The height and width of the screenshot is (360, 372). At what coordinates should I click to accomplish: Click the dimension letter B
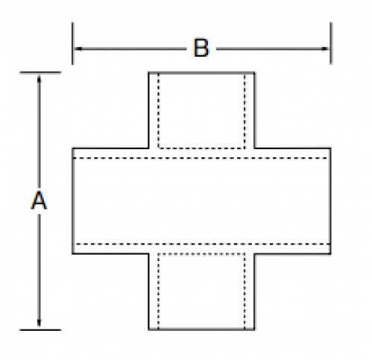(x=201, y=48)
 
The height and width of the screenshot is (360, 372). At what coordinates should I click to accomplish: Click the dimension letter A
(x=39, y=200)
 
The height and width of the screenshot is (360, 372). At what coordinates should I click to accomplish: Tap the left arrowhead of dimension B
(x=78, y=48)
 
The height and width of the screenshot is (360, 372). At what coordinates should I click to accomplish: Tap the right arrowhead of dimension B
(x=324, y=48)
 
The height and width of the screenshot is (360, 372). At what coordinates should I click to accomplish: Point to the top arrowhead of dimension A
(x=39, y=79)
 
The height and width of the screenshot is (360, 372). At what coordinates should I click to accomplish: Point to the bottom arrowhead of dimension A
(x=39, y=323)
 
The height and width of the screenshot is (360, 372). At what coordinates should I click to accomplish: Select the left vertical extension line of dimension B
(x=72, y=43)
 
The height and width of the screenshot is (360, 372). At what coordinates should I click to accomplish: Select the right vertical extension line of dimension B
(x=331, y=43)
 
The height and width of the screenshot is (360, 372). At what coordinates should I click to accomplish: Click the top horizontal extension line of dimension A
(x=40, y=72)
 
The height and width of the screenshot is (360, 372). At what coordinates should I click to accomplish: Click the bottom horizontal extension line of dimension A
(x=40, y=329)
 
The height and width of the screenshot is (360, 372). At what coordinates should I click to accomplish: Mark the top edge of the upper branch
(x=201, y=73)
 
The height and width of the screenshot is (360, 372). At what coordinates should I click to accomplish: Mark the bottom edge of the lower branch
(x=201, y=329)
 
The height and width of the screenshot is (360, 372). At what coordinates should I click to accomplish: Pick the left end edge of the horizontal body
(x=73, y=201)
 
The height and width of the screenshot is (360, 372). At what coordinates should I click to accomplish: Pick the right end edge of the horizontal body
(x=330, y=201)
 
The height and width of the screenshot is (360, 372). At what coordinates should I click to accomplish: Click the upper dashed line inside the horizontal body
(x=200, y=158)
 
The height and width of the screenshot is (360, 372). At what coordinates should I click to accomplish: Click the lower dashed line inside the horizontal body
(x=203, y=244)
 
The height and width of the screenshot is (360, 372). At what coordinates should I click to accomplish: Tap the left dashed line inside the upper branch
(x=159, y=110)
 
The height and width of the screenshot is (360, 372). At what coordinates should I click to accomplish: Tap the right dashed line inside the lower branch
(x=245, y=291)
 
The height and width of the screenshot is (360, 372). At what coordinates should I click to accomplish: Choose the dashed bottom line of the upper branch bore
(x=201, y=148)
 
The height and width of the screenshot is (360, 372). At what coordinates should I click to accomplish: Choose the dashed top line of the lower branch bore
(x=201, y=254)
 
